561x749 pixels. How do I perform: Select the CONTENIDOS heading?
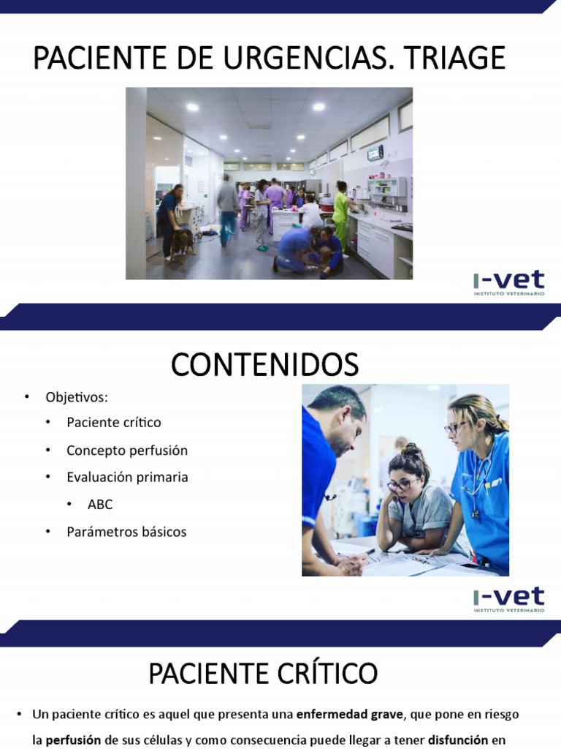point(264,364)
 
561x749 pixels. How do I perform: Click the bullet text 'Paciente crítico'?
point(113,423)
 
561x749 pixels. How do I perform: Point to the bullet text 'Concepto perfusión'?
point(126,451)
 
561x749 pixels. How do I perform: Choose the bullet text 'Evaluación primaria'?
point(126,478)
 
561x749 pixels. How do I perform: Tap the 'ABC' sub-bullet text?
point(100,505)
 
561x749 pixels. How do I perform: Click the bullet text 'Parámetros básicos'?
point(126,532)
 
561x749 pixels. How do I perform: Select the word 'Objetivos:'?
point(76,398)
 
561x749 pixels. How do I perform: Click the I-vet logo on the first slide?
point(508,283)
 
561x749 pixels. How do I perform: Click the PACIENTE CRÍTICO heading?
point(263,673)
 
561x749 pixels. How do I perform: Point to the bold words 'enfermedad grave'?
point(349,714)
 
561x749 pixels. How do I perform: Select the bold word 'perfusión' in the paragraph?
point(72,740)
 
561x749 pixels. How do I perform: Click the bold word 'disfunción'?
point(458,740)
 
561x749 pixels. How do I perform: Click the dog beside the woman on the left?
point(184,241)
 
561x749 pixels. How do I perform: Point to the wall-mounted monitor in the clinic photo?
point(375,153)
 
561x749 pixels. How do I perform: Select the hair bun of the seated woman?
point(412,448)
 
